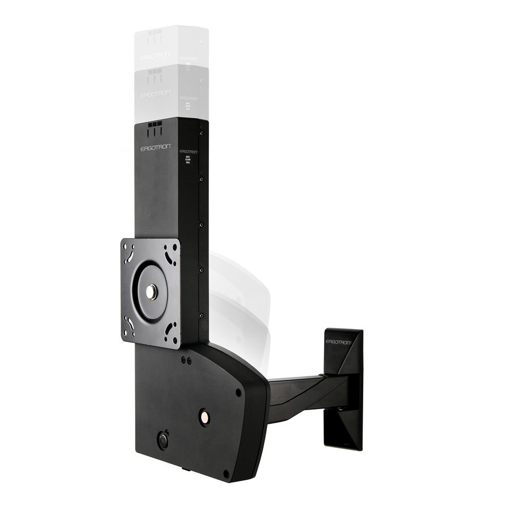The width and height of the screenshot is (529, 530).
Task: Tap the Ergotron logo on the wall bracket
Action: coord(338,342)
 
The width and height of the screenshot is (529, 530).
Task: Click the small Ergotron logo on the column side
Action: coord(189,151)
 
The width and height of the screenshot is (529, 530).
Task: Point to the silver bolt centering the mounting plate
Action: coord(151,291)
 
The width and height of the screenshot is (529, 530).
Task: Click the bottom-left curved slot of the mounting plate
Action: coord(129,323)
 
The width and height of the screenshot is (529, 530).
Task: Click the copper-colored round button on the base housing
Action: coord(203,417)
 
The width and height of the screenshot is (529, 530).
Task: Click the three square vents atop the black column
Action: coord(155,124)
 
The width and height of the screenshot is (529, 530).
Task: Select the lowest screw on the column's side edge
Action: coord(201,315)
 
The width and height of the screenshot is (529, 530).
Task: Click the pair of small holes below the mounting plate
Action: coord(186,360)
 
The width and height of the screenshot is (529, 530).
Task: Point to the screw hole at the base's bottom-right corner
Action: coord(226,473)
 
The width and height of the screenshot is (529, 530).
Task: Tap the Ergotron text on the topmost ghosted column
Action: coord(155,56)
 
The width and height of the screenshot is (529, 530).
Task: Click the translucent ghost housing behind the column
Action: coord(238,302)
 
